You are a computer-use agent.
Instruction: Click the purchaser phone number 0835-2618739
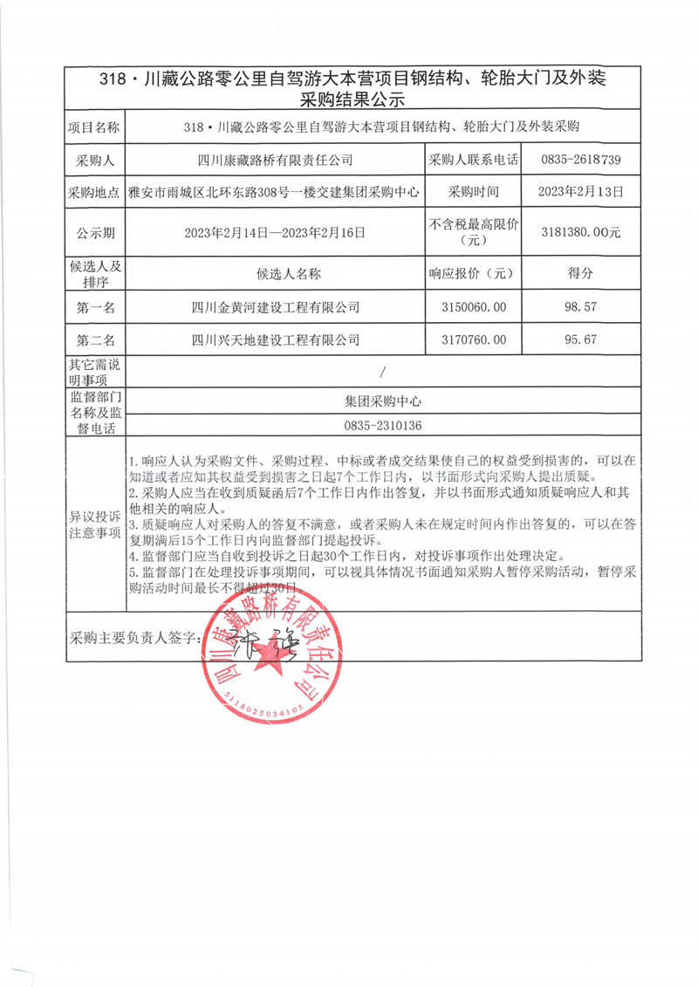[580, 161]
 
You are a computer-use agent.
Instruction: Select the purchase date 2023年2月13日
[580, 193]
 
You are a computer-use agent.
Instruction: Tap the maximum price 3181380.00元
[580, 233]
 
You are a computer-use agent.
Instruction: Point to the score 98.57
[580, 307]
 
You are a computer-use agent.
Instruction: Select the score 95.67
[580, 339]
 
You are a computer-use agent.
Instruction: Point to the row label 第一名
[96, 307]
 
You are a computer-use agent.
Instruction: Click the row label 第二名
[96, 339]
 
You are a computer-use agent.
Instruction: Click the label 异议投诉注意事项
[96, 524]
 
